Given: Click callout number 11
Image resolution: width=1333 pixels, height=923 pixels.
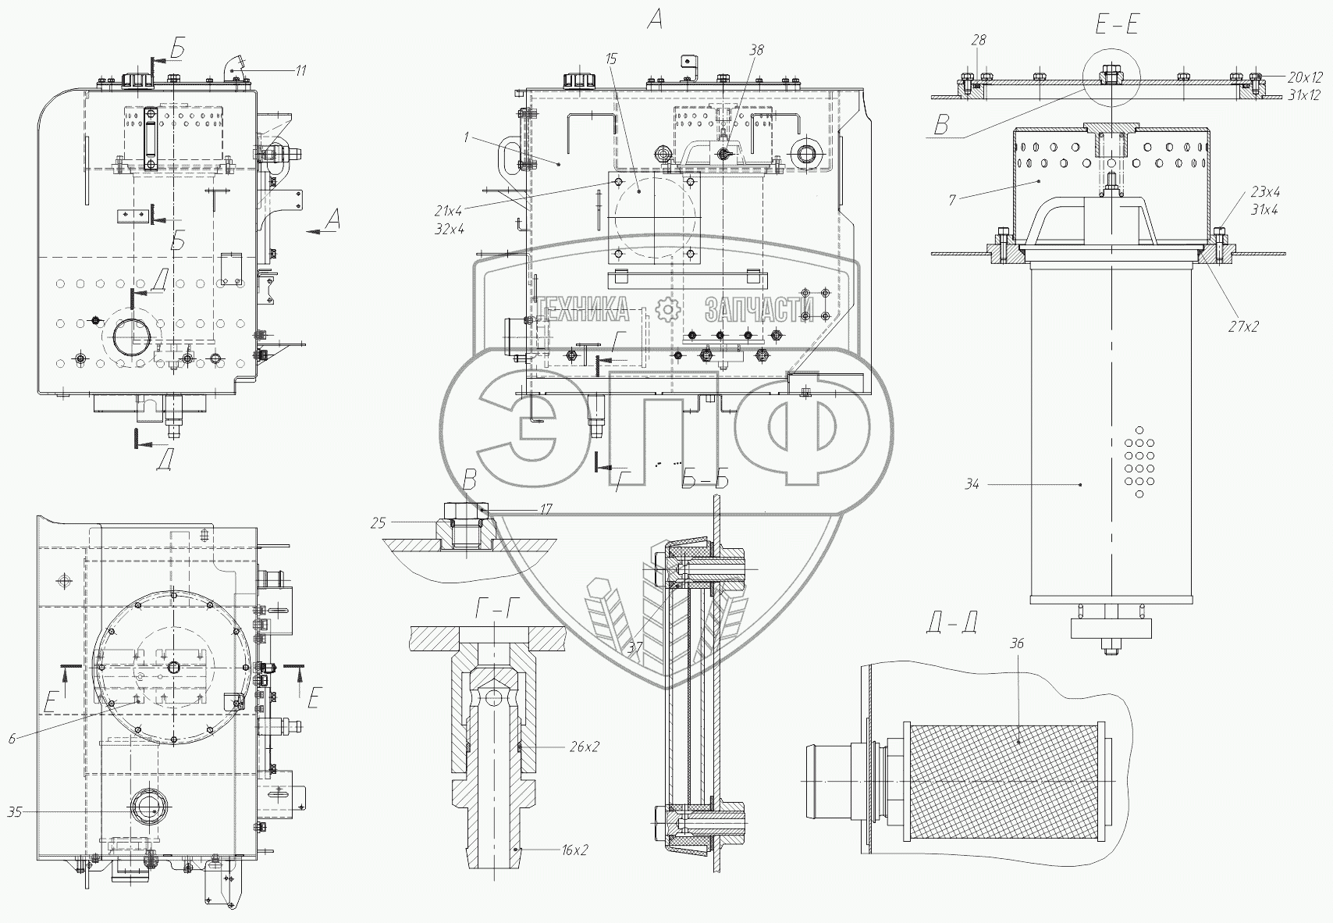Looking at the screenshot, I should [x=300, y=71].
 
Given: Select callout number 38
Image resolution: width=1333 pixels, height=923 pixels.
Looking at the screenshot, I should [x=756, y=50].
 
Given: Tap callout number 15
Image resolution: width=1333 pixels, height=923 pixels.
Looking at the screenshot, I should [x=610, y=59].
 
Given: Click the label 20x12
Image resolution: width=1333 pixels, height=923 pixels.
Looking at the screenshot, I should [x=1305, y=77].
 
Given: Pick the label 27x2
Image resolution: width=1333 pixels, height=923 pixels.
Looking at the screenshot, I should [x=1243, y=327].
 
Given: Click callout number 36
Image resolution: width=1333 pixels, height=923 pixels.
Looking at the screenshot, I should [x=1017, y=643].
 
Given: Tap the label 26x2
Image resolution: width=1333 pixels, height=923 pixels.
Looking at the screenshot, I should [x=585, y=747].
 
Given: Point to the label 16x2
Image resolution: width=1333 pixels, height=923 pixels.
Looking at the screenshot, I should [x=574, y=850].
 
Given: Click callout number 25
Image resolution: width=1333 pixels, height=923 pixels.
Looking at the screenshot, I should [x=378, y=522].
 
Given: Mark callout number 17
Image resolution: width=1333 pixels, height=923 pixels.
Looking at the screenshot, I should [x=546, y=509].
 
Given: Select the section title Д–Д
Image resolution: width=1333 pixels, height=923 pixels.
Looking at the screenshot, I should [x=951, y=622].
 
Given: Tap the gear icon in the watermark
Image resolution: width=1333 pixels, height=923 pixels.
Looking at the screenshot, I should [x=668, y=310].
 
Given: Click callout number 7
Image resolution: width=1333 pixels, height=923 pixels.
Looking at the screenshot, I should [x=952, y=201].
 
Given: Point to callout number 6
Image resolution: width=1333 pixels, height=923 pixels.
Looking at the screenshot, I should [x=12, y=738].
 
